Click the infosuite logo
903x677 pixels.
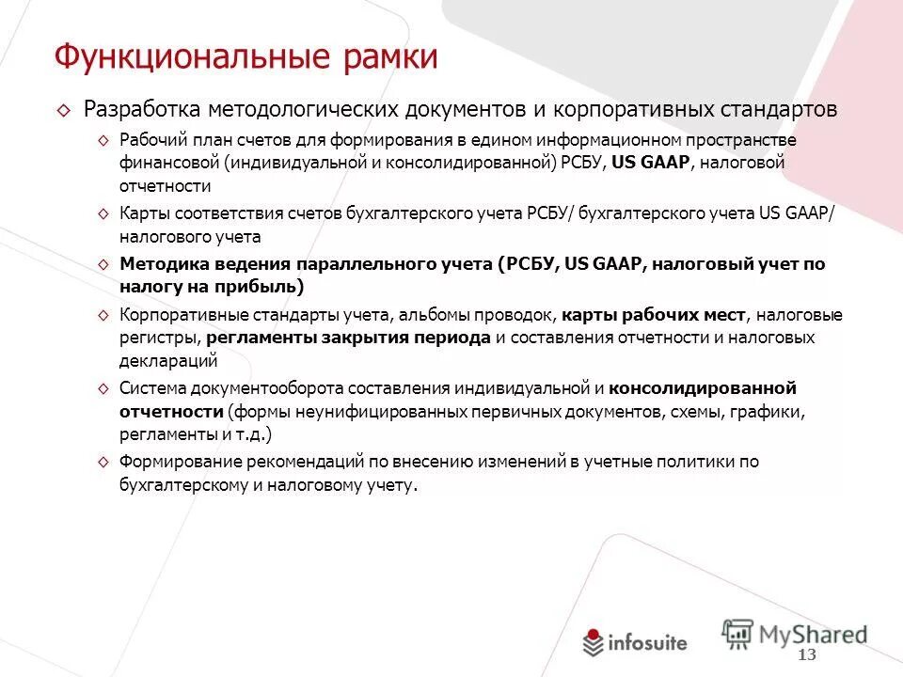click(636, 644)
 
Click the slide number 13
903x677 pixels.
click(807, 654)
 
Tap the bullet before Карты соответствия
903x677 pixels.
click(103, 213)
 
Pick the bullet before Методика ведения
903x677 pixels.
click(103, 265)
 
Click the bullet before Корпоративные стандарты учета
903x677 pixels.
click(103, 315)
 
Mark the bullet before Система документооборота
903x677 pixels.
click(103, 388)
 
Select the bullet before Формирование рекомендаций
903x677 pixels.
click(103, 462)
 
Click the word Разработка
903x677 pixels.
click(142, 110)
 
